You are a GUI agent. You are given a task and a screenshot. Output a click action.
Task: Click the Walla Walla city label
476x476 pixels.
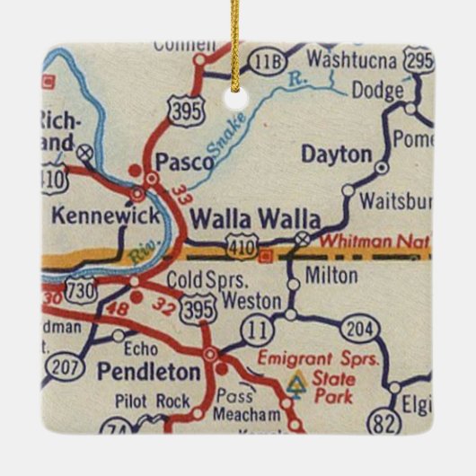coord(255,219)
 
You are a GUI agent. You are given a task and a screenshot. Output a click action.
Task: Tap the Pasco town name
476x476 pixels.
coord(185,162)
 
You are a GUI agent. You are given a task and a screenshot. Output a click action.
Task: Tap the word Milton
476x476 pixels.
coord(331,276)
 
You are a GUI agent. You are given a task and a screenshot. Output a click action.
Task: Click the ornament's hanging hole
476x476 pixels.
coord(238,88)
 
